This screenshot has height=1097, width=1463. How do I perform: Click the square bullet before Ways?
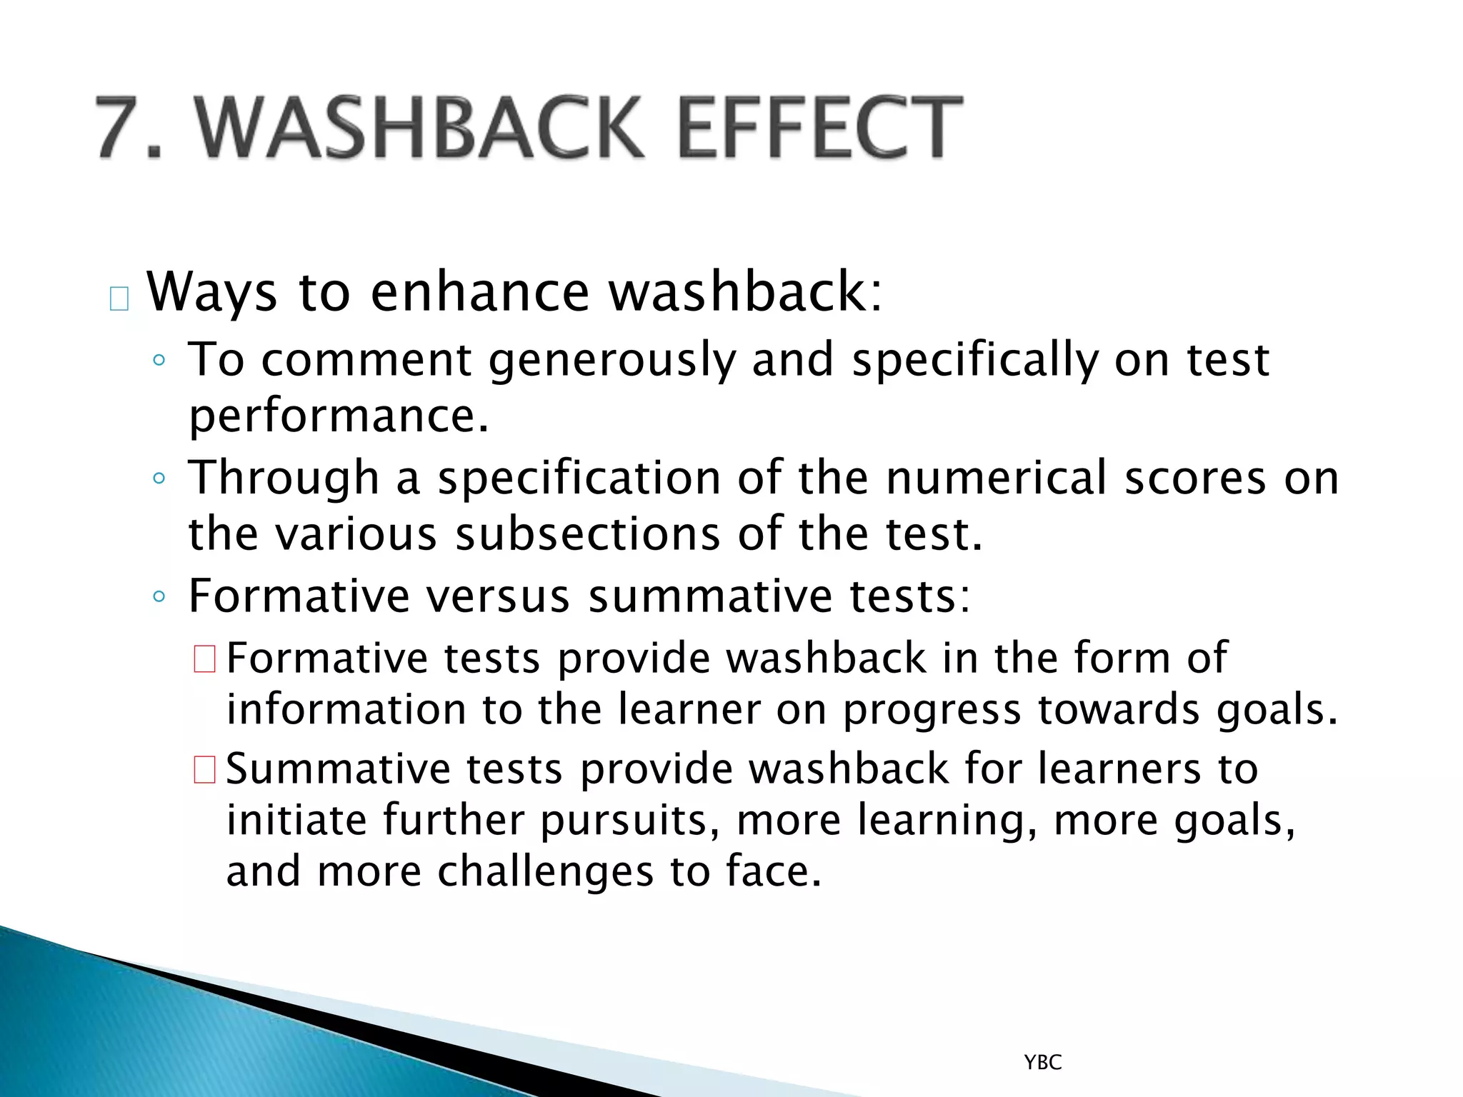click(x=119, y=299)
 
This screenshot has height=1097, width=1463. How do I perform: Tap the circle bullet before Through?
click(x=159, y=479)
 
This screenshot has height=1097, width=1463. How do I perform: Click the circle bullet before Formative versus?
click(x=159, y=596)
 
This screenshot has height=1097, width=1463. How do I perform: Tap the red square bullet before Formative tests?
click(x=204, y=658)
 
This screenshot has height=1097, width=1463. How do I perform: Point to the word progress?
click(x=932, y=711)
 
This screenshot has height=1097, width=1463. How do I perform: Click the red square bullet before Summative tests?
click(x=204, y=770)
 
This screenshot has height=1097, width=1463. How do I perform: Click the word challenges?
click(x=546, y=872)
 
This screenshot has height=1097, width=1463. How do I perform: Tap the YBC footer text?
click(x=1043, y=1063)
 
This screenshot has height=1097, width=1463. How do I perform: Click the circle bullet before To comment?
click(x=159, y=360)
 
